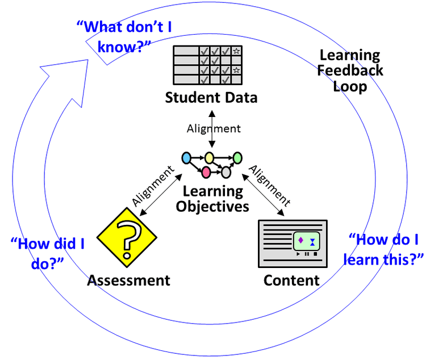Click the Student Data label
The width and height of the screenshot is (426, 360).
tap(211, 97)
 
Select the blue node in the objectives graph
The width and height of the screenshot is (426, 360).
tap(186, 157)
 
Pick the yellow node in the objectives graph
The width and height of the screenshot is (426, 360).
tap(209, 157)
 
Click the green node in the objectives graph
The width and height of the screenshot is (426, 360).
tap(237, 157)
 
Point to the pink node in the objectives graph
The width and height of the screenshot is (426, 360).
tap(206, 171)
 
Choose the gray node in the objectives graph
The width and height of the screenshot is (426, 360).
tap(225, 171)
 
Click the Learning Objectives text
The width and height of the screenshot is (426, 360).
tap(212, 198)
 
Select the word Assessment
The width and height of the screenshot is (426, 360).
tap(128, 280)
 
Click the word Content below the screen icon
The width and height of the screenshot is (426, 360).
tap(291, 280)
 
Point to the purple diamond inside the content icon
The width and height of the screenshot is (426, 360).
tap(300, 240)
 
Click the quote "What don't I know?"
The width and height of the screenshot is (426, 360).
tap(118, 36)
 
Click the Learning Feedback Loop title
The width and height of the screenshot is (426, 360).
tap(350, 71)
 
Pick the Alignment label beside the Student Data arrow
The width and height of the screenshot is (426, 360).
tap(214, 128)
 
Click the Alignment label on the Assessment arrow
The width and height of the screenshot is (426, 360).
tap(152, 186)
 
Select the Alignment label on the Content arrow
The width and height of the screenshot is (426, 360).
tap(270, 186)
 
